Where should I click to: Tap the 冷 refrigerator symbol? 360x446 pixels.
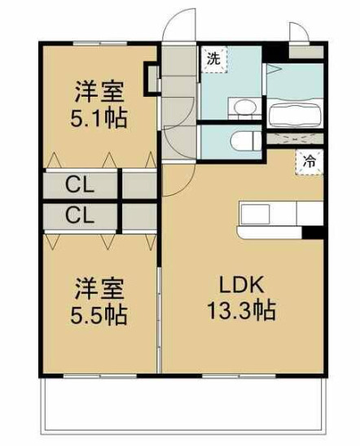(310, 160)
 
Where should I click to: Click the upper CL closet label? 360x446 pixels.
(80, 185)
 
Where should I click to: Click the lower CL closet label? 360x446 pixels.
(80, 216)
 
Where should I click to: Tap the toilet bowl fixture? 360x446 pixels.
(244, 139)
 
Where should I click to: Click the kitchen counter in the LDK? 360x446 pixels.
(269, 215)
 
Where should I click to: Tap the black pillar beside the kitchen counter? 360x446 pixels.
(312, 231)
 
